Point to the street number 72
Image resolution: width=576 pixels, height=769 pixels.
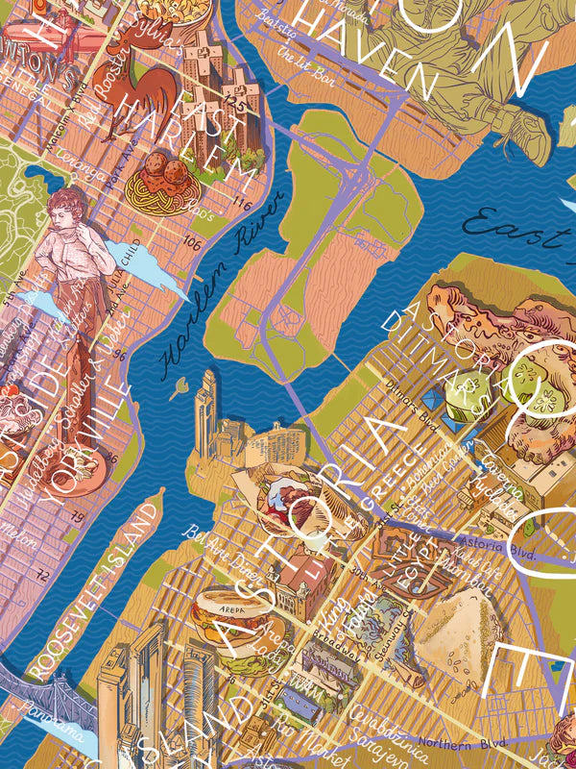[x=41, y=575]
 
